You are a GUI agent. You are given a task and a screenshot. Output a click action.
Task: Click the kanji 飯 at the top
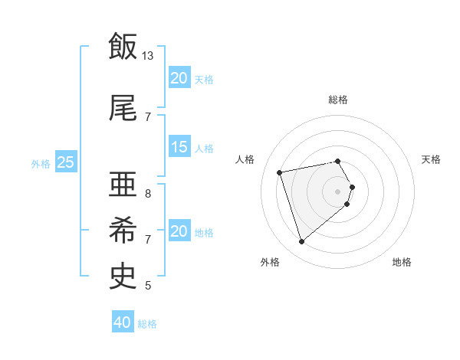[x=123, y=45]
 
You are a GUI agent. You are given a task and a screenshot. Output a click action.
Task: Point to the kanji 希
[x=123, y=229]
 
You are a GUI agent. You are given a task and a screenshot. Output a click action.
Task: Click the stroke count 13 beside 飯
[x=148, y=56]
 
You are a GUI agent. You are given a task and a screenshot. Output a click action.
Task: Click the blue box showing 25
[x=65, y=162]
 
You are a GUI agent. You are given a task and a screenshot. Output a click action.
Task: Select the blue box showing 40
[x=123, y=322]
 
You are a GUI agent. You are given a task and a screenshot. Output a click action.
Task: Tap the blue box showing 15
[x=179, y=147]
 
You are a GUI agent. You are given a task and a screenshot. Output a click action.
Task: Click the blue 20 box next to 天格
[x=179, y=78]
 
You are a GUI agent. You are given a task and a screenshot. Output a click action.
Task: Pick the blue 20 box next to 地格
[x=179, y=231]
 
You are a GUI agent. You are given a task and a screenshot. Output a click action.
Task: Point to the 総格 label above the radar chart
[x=338, y=100]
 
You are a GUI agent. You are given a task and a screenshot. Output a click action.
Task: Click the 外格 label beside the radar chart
[x=270, y=263]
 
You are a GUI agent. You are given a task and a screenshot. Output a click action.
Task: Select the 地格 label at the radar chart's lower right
[x=402, y=263]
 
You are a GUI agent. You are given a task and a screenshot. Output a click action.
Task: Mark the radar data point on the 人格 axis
[x=280, y=172]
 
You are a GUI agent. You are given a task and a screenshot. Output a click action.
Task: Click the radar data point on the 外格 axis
[x=302, y=242]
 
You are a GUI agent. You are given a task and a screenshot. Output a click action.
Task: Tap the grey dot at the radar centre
[x=338, y=190]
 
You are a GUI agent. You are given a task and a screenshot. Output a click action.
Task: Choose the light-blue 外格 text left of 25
[x=40, y=163]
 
